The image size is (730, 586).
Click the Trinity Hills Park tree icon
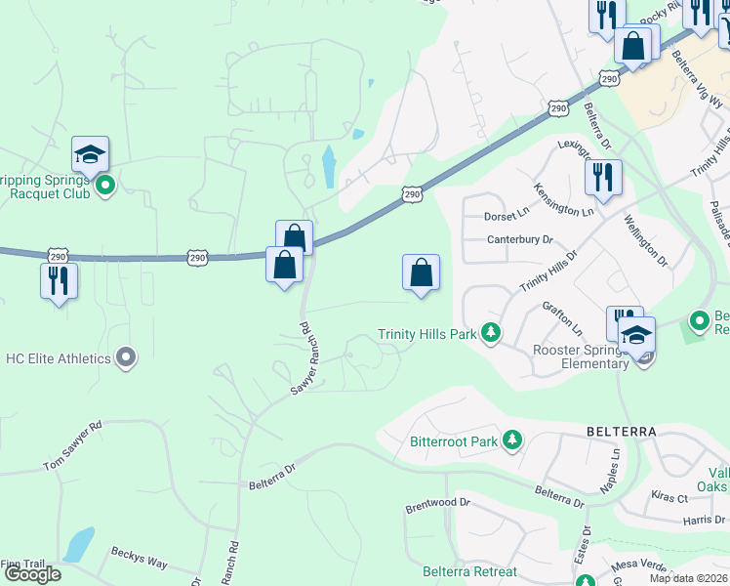[491, 334]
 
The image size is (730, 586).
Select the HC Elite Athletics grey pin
[126, 358]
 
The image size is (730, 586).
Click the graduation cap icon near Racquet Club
[90, 154]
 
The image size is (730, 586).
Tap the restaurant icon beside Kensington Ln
[602, 178]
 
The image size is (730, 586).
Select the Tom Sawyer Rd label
[72, 446]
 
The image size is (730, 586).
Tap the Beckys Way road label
[139, 559]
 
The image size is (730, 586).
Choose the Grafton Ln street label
[562, 317]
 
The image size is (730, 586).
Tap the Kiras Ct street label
[669, 497]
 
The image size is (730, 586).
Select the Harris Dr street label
[705, 521]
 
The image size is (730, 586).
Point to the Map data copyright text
[689, 578]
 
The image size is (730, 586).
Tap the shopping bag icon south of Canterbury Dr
[421, 272]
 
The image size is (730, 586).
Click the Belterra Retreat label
[469, 571]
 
